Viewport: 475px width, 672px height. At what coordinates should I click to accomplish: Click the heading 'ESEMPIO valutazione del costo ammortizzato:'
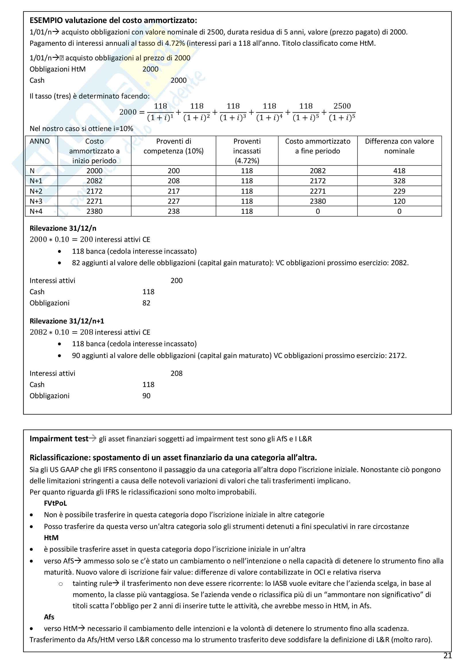pyautogui.click(x=113, y=20)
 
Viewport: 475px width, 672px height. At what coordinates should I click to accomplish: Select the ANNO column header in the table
pyautogui.click(x=40, y=141)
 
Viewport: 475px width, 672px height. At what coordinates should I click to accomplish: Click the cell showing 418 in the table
pyautogui.click(x=399, y=171)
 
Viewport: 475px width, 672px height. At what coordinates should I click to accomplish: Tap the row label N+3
pyautogui.click(x=36, y=201)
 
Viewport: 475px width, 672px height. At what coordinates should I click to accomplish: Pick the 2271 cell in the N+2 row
pyautogui.click(x=318, y=191)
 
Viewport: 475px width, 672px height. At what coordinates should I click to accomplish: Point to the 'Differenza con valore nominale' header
pyautogui.click(x=399, y=146)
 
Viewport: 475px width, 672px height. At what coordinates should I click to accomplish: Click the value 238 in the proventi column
pyautogui.click(x=173, y=211)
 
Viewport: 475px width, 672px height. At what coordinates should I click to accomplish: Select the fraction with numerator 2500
pyautogui.click(x=342, y=112)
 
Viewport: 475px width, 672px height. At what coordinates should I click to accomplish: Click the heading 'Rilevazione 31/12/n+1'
pyautogui.click(x=67, y=321)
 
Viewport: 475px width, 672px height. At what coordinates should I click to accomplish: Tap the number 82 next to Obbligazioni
pyautogui.click(x=146, y=303)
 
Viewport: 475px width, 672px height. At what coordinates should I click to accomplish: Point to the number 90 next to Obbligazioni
pyautogui.click(x=146, y=396)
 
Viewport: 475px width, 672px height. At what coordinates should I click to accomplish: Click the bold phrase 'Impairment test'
pyautogui.click(x=59, y=439)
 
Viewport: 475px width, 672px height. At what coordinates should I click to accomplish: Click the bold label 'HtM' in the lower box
pyautogui.click(x=51, y=538)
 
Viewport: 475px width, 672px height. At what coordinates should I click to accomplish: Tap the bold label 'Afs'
pyautogui.click(x=49, y=617)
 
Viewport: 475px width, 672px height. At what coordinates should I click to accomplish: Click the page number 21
pyautogui.click(x=447, y=656)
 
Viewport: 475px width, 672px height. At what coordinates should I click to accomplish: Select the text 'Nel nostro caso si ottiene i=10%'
pyautogui.click(x=81, y=128)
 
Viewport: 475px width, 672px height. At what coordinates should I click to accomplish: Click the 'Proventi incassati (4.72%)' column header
pyautogui.click(x=247, y=151)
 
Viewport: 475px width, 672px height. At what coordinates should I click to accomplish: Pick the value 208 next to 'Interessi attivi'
pyautogui.click(x=176, y=373)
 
